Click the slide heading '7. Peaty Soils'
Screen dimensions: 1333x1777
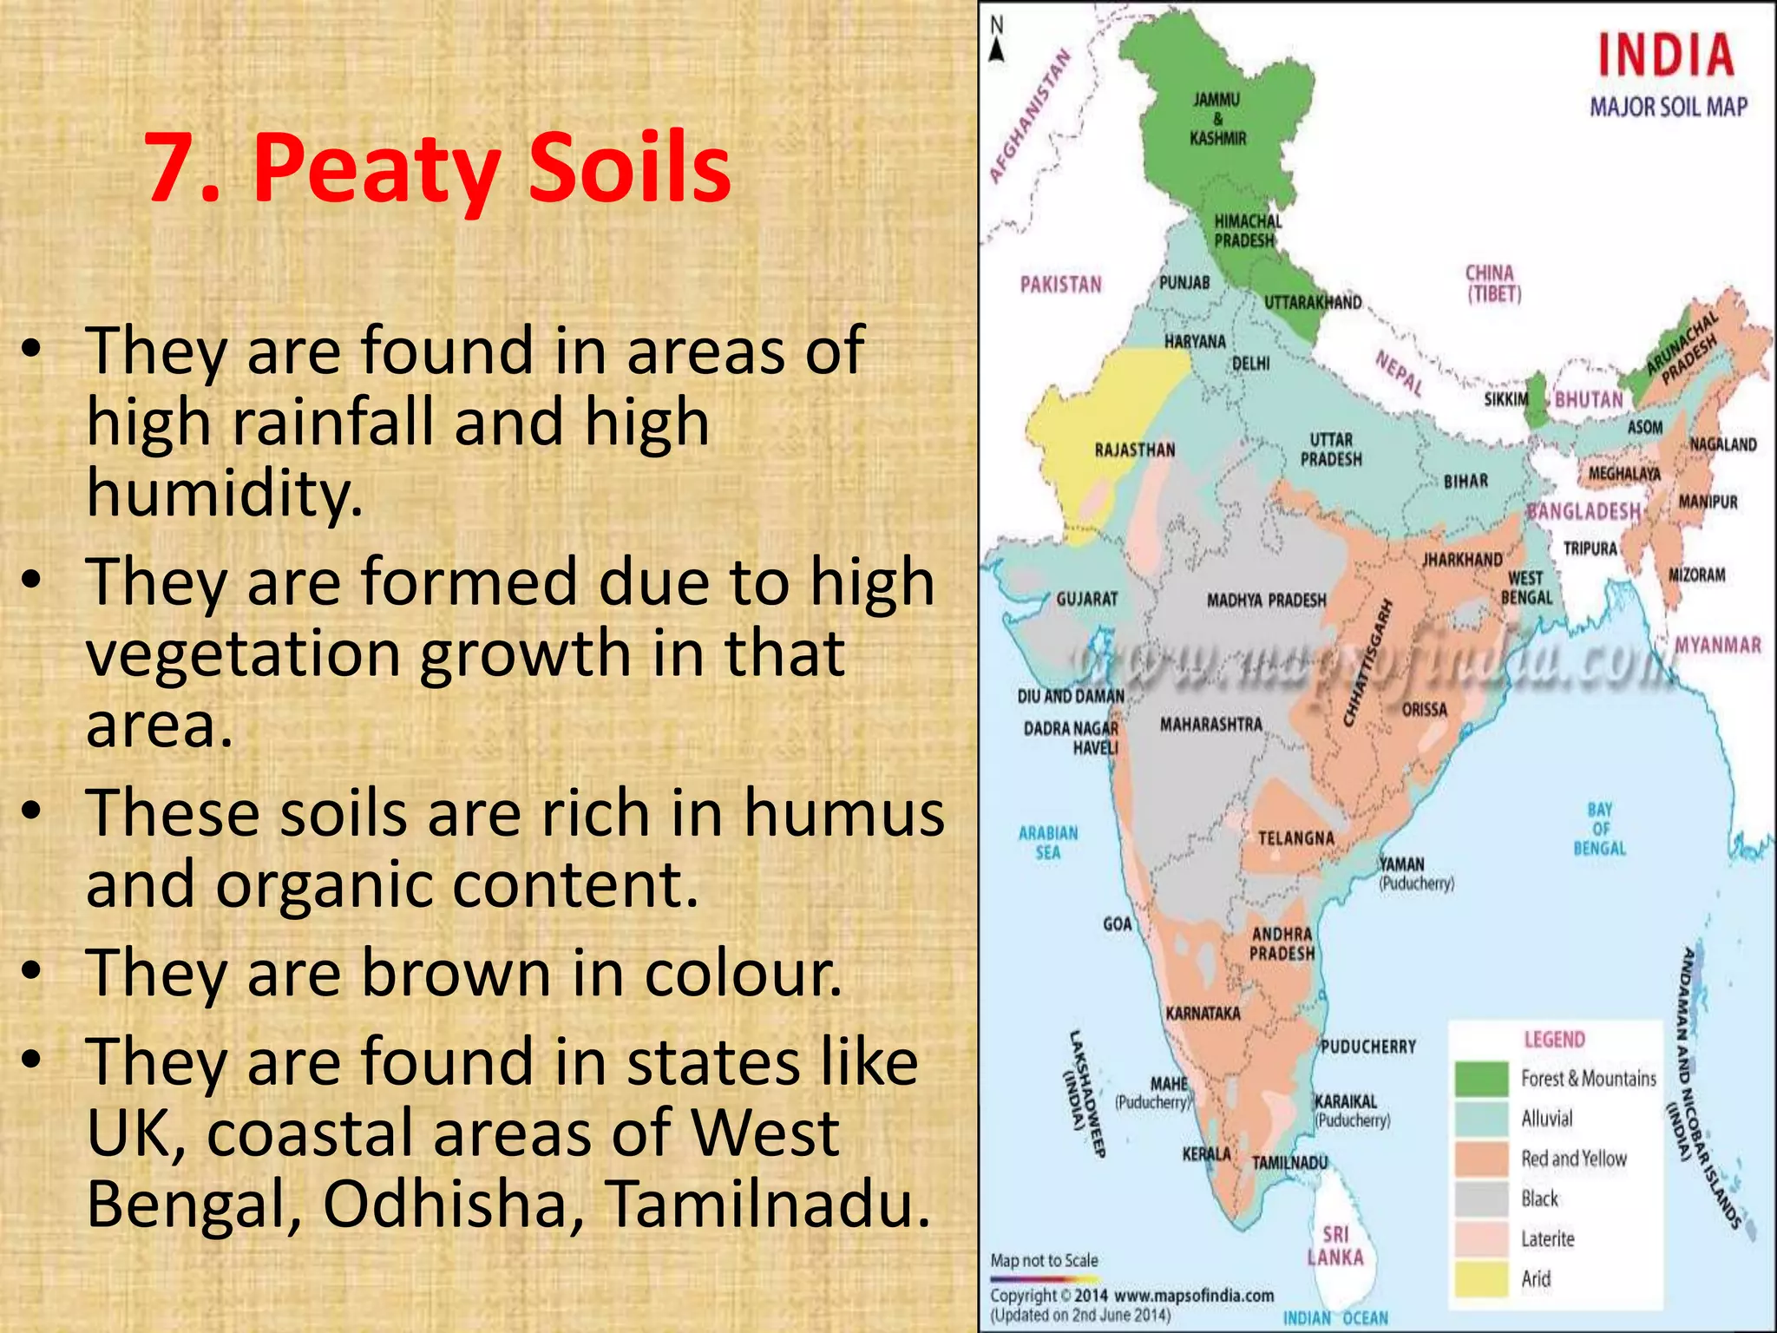(438, 168)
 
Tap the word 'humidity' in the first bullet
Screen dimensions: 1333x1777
(224, 493)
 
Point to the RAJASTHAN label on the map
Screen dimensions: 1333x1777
(1134, 450)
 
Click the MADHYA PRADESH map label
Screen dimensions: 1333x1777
(1266, 600)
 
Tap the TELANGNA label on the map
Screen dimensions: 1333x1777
(1295, 838)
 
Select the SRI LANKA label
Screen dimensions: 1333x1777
(1335, 1245)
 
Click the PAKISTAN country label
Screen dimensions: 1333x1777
(1060, 285)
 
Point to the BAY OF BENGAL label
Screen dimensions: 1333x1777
(1599, 829)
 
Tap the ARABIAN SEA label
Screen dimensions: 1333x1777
(1047, 842)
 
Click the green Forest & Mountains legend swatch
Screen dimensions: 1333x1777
(1481, 1079)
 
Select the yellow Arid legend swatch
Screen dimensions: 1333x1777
(1481, 1278)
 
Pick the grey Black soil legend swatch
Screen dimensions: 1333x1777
(1481, 1198)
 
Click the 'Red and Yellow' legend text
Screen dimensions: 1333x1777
(1573, 1159)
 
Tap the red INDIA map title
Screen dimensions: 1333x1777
(1665, 56)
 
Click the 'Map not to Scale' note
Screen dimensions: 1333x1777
(1044, 1260)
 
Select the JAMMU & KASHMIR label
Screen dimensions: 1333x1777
(1216, 119)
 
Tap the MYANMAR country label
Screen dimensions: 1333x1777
(1717, 646)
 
